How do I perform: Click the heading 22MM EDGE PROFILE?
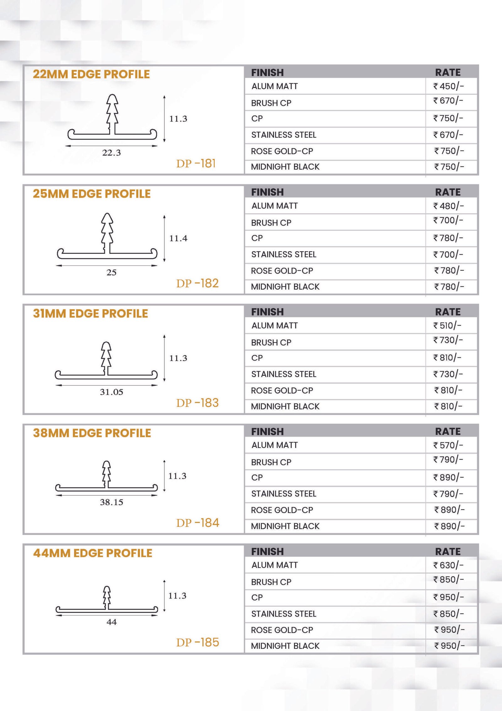click(91, 74)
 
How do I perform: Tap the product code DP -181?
click(196, 164)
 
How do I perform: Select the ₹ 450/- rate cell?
click(448, 86)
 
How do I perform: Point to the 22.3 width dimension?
click(111, 153)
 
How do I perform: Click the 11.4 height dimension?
click(178, 238)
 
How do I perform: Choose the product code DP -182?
click(197, 283)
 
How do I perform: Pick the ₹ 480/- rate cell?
click(448, 206)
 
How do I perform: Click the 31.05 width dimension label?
click(111, 392)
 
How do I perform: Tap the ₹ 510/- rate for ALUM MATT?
click(447, 325)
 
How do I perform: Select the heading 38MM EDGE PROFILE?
click(92, 433)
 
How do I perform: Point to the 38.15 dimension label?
click(111, 502)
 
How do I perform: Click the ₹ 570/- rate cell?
click(448, 445)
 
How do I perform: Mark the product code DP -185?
click(198, 643)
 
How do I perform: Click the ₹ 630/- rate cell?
click(448, 565)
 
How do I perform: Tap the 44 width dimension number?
click(111, 622)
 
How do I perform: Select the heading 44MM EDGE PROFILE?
click(93, 553)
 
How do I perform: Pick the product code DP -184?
click(198, 523)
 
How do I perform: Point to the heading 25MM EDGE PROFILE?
click(92, 194)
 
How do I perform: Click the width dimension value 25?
click(111, 272)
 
